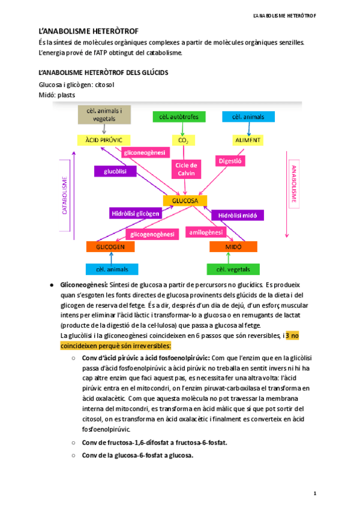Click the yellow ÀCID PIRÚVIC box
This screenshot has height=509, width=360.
(100, 140)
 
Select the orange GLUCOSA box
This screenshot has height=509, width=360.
(185, 200)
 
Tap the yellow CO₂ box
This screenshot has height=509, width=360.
(184, 140)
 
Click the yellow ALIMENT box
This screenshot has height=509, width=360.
(247, 140)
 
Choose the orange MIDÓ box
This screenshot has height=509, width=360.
(233, 247)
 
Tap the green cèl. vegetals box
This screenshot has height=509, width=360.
(233, 270)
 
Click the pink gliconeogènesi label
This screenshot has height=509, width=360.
(144, 153)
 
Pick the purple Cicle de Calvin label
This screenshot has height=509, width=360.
(186, 169)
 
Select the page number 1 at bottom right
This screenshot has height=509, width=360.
(314, 493)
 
